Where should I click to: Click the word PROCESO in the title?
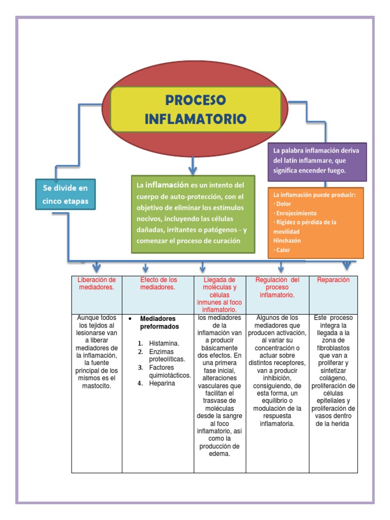pyautogui.click(x=196, y=100)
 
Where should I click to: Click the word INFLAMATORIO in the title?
pyautogui.click(x=196, y=119)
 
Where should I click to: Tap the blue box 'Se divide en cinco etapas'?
pyautogui.click(x=65, y=194)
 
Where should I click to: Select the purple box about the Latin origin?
pyautogui.click(x=317, y=161)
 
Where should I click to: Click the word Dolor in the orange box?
pyautogui.click(x=284, y=204)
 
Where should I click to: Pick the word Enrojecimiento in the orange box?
pyautogui.click(x=296, y=213)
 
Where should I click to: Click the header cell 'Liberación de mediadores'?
pyautogui.click(x=96, y=283)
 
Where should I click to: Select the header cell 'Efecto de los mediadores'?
pyautogui.click(x=158, y=283)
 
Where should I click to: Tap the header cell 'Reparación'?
pyautogui.click(x=333, y=280)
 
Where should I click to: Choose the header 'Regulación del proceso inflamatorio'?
pyautogui.click(x=277, y=287)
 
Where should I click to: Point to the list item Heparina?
pyautogui.click(x=162, y=383)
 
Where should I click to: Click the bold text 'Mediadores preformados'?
pyautogui.click(x=159, y=322)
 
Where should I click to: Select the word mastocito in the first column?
pyautogui.click(x=96, y=386)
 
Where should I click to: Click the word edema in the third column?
pyautogui.click(x=220, y=454)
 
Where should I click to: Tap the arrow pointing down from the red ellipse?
pyautogui.click(x=192, y=165)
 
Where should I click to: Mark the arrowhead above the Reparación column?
pyautogui.click(x=347, y=266)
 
